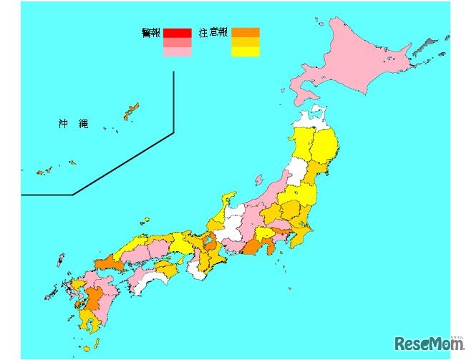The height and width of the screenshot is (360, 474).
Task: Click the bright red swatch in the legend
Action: pyautogui.click(x=177, y=33)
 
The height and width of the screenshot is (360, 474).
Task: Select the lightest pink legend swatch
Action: pyautogui.click(x=177, y=52)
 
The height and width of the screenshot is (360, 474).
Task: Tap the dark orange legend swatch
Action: pyautogui.click(x=245, y=33)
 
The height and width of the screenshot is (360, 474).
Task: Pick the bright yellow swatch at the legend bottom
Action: pyautogui.click(x=245, y=52)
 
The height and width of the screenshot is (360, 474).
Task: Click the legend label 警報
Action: pyautogui.click(x=151, y=33)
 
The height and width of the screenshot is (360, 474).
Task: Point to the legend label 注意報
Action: pyautogui.click(x=213, y=33)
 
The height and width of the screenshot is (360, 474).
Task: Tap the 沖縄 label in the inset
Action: pyautogui.click(x=73, y=124)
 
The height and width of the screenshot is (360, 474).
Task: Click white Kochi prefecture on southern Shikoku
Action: pyautogui.click(x=147, y=281)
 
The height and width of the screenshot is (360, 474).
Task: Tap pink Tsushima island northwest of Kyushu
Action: pyautogui.click(x=60, y=259)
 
